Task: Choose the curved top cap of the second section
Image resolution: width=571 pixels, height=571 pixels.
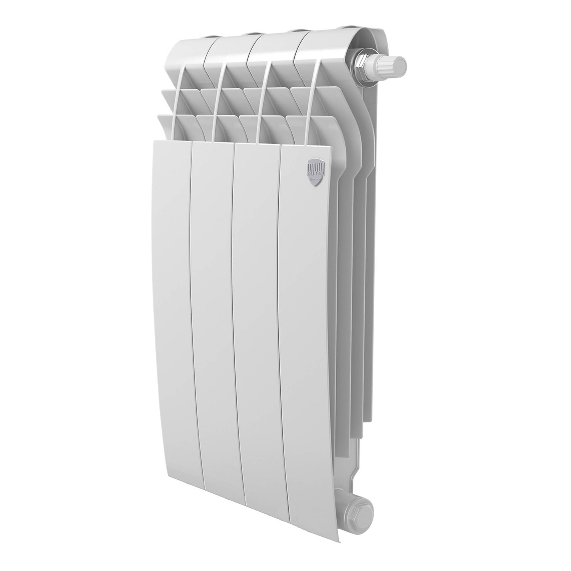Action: coord(230,47)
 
